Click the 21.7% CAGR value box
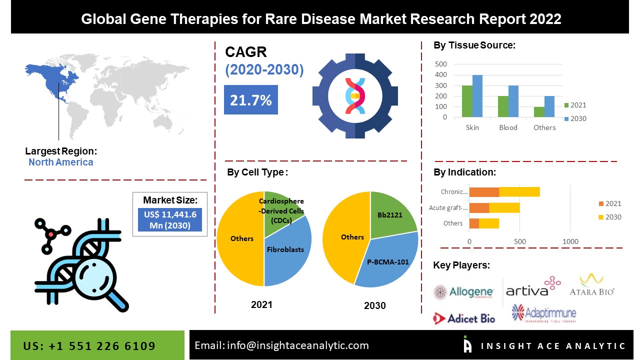(250, 100)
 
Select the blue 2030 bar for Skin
(477, 96)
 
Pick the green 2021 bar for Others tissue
(539, 112)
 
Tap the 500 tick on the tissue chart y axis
(440, 64)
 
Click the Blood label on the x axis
(508, 127)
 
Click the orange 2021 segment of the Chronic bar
(484, 191)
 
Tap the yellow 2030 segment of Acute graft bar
(504, 207)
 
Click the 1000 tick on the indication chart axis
(570, 241)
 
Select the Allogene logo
(463, 292)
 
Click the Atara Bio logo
(592, 285)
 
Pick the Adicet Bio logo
(464, 318)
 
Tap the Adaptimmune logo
(544, 313)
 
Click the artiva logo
(533, 287)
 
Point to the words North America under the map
(60, 162)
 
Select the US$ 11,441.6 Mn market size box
(170, 219)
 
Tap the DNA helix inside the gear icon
(355, 95)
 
